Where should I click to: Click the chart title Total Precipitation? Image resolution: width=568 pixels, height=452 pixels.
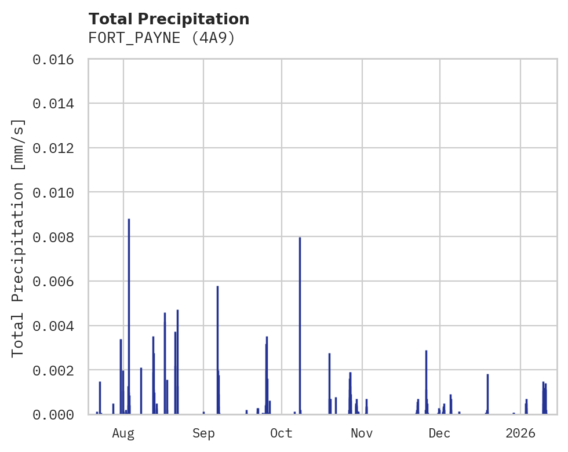pyautogui.click(x=169, y=19)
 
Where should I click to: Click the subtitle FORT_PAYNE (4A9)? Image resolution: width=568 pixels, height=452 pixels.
pyautogui.click(x=161, y=38)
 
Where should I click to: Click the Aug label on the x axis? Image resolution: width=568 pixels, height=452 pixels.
pyautogui.click(x=123, y=433)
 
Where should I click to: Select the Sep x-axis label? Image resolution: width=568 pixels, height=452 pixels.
pyautogui.click(x=203, y=433)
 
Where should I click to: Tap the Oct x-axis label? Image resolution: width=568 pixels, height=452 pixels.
pyautogui.click(x=281, y=433)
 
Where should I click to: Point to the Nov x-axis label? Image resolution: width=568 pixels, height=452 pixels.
pyautogui.click(x=362, y=433)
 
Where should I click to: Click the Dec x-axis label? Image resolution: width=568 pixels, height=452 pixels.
pyautogui.click(x=439, y=433)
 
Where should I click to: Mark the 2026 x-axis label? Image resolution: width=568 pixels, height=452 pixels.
pyautogui.click(x=520, y=433)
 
